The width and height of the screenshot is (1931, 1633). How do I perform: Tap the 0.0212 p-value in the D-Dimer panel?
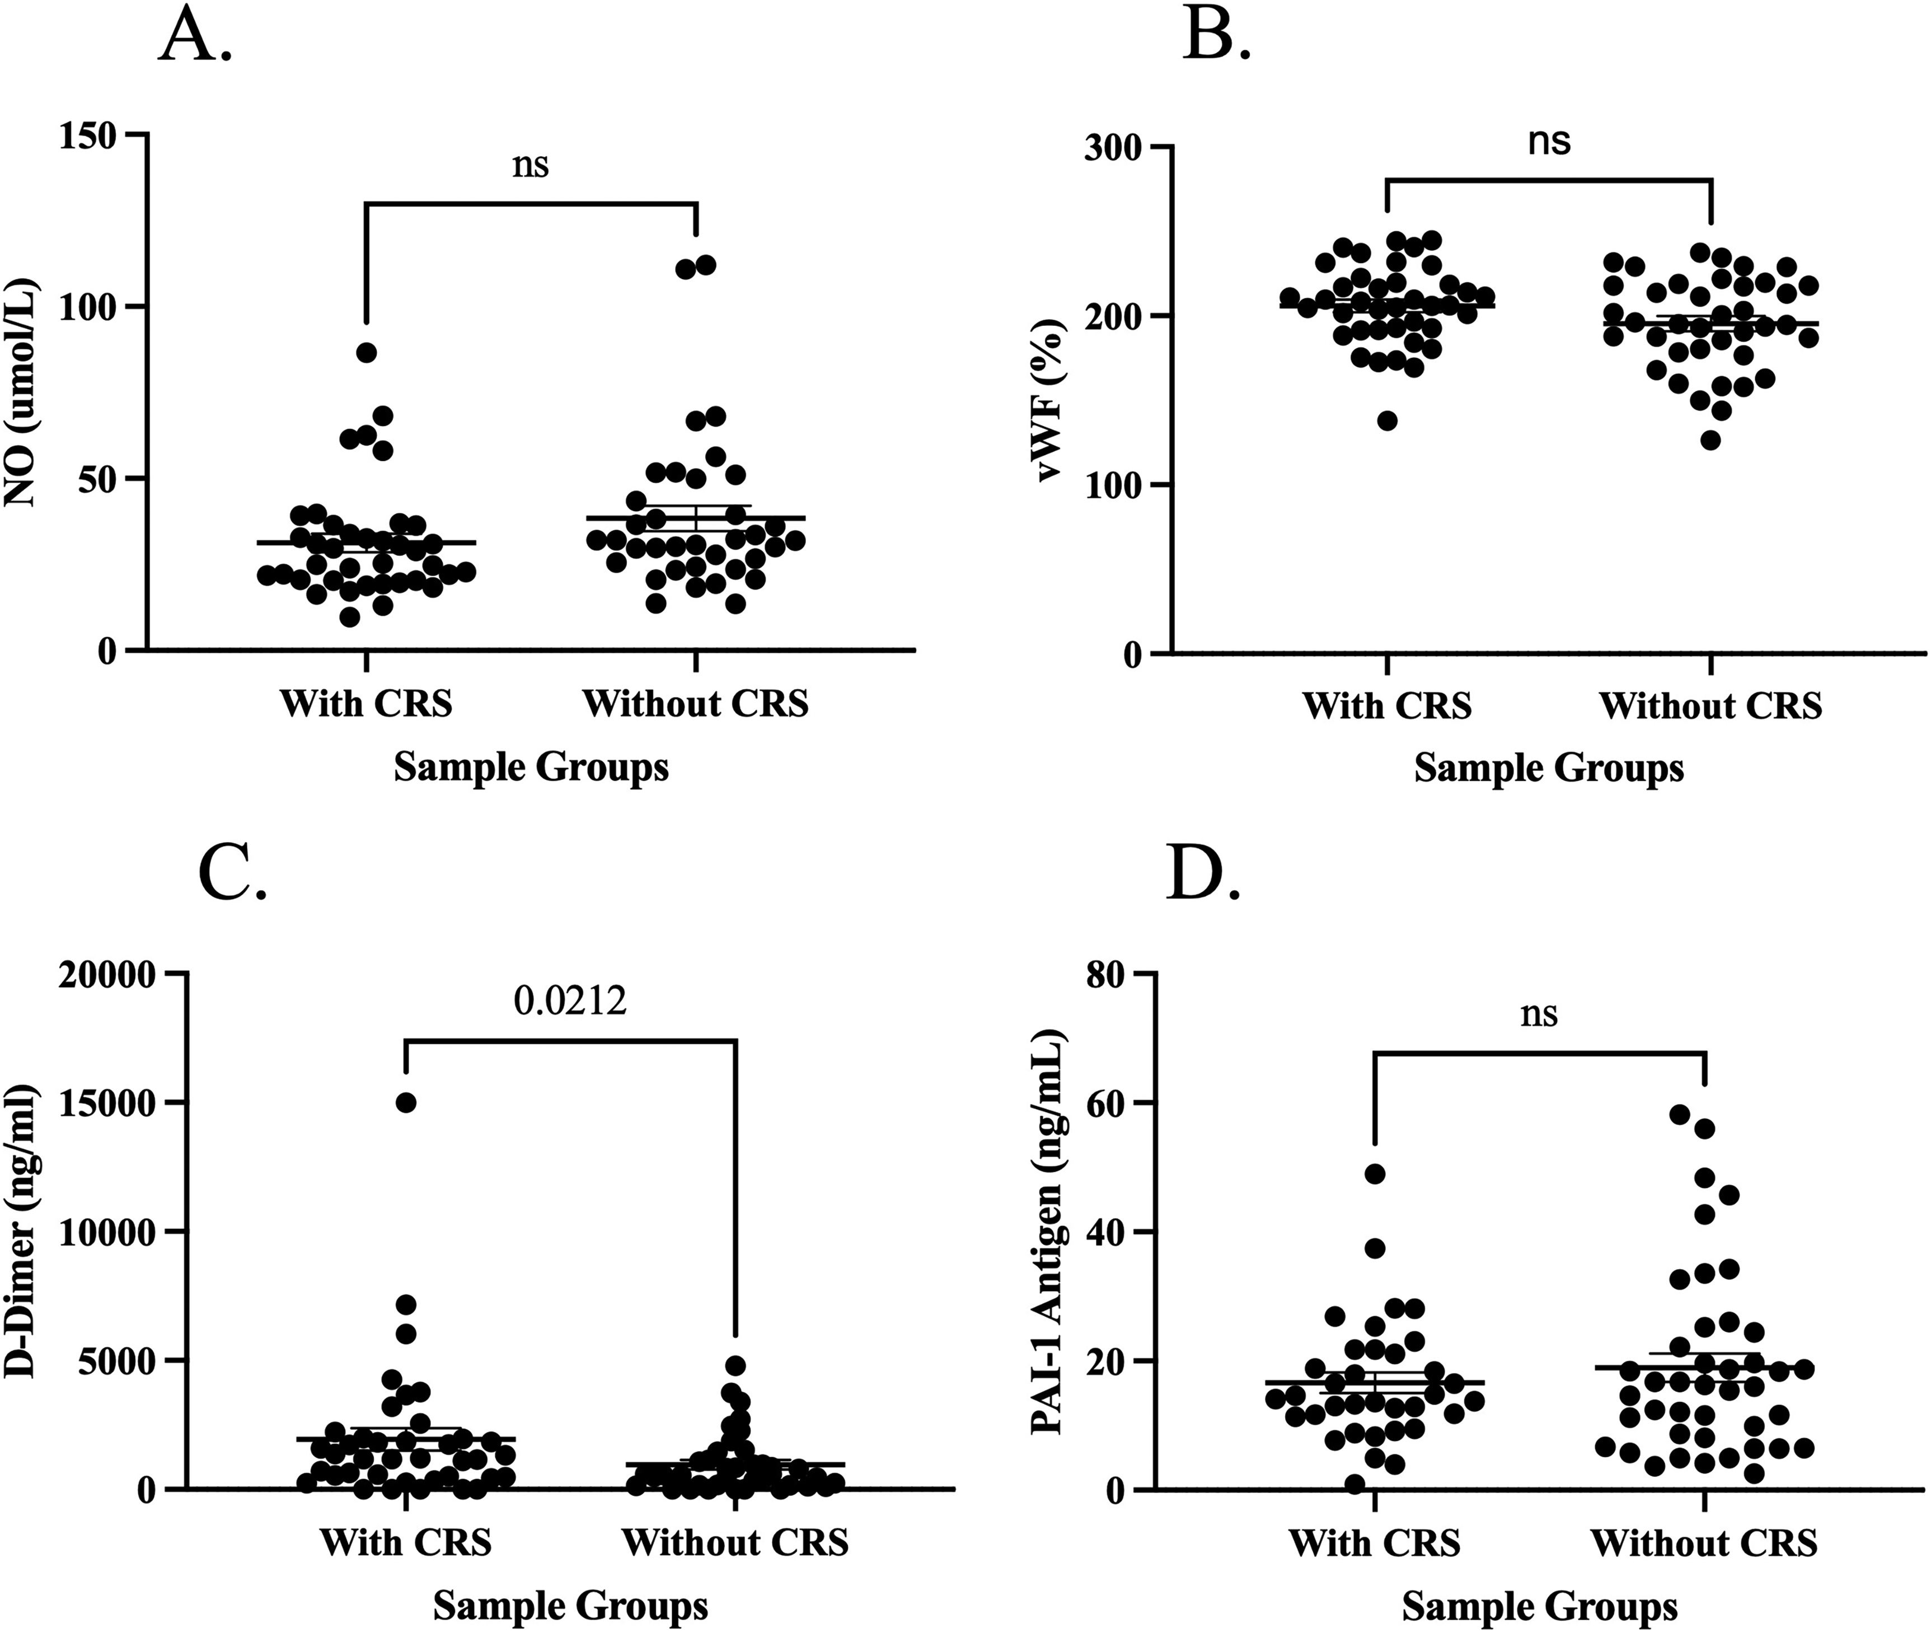point(570,1001)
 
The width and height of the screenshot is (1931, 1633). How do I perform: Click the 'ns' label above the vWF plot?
point(1549,142)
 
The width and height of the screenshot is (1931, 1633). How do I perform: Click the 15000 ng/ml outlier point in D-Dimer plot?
point(405,1102)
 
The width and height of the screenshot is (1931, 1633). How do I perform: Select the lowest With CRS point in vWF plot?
point(1387,420)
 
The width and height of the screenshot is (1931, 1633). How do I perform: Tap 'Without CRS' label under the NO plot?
point(695,704)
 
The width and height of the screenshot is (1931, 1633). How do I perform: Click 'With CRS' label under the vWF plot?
point(1387,706)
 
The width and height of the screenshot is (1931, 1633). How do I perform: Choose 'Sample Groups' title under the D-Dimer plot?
point(570,1605)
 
